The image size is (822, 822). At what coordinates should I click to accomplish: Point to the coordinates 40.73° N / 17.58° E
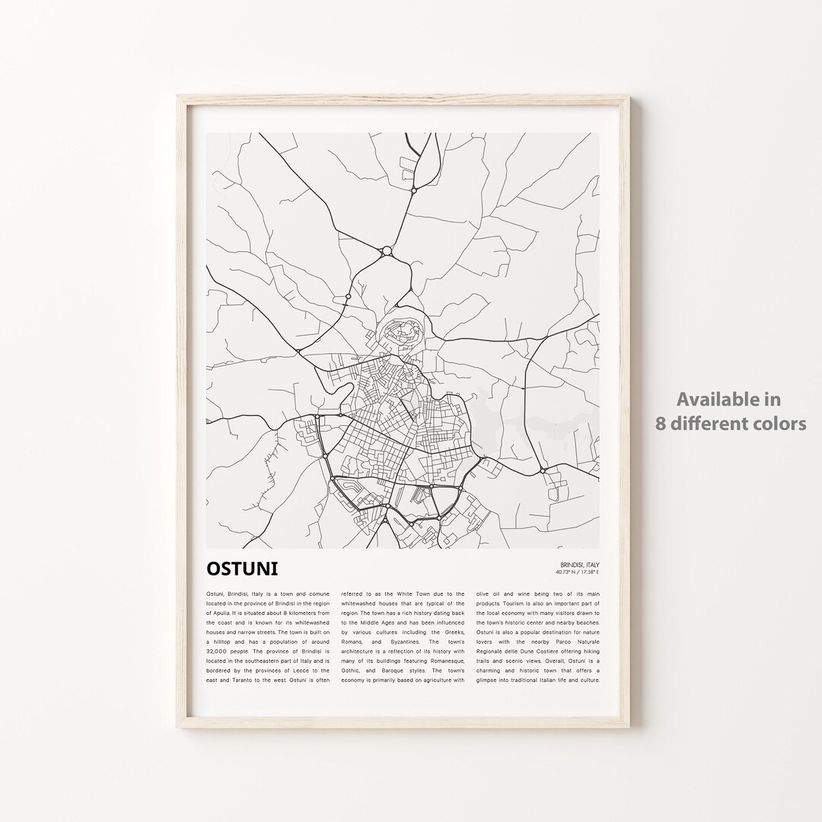[578, 572]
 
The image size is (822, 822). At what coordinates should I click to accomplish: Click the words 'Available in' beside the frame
[730, 398]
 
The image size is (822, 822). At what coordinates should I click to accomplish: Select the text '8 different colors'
[731, 423]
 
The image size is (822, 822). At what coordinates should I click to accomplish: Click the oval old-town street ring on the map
[401, 333]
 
